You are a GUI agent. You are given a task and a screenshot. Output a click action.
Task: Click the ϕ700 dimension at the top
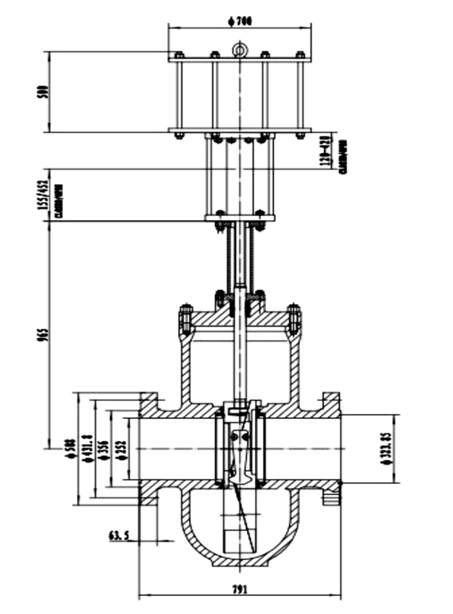coord(239,21)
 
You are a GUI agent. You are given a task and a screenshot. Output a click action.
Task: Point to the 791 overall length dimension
coord(239,588)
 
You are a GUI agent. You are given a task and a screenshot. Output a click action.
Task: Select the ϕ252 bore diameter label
coord(121,449)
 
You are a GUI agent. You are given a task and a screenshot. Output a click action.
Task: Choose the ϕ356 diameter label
coord(104,449)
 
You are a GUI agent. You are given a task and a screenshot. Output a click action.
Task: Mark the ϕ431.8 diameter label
coord(87,449)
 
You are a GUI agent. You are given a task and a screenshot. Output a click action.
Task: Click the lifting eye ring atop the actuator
coord(239,50)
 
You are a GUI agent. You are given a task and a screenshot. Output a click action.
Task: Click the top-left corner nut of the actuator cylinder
coord(178,55)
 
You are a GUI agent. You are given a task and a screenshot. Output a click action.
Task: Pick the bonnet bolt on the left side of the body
coord(185,318)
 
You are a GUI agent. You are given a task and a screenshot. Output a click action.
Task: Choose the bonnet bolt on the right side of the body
coord(294,318)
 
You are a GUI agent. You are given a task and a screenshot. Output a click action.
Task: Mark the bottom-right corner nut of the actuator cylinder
coord(300,134)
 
